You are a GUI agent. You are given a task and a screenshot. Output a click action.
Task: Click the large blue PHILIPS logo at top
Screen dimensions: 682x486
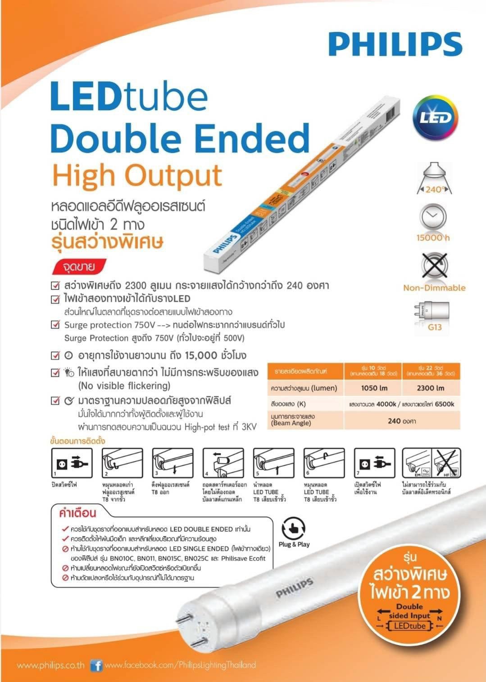395,44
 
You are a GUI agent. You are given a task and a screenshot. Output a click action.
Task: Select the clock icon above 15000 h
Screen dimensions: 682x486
433,217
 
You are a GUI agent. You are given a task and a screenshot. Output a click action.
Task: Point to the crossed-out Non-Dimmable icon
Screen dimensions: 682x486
434,266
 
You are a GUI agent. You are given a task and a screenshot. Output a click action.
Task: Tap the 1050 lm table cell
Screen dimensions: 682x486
374,388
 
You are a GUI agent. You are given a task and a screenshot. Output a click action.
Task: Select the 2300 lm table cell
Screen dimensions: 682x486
431,388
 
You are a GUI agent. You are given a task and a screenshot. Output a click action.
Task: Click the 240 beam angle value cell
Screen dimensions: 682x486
402,421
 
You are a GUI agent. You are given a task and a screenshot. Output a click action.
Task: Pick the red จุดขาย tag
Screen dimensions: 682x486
79,267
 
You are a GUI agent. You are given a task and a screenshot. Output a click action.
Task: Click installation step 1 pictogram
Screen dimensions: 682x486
72,463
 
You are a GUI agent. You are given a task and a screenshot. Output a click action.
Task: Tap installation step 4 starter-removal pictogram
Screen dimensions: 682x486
223,463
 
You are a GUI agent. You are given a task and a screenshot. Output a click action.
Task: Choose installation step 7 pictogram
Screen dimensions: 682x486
374,463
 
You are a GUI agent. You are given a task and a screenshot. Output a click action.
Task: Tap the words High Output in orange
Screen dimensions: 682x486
137,175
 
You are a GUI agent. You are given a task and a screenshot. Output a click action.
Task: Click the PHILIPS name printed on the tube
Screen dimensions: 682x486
295,588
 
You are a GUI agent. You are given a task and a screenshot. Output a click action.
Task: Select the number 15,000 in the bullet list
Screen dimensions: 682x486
201,355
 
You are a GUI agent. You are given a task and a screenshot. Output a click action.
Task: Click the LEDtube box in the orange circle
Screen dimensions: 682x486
410,626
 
